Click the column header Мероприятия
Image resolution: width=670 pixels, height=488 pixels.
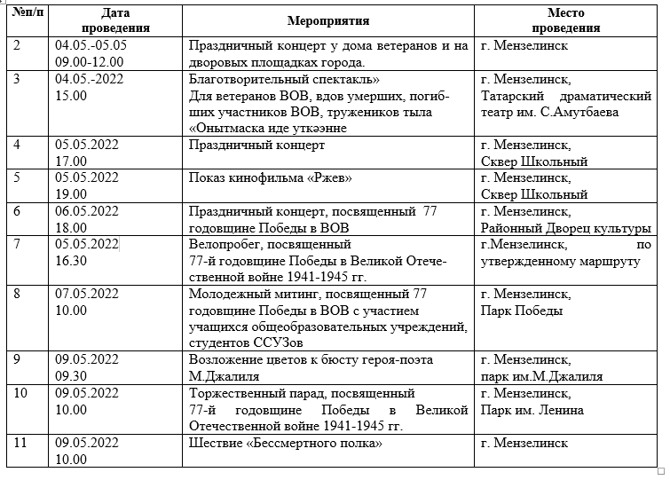click(329, 20)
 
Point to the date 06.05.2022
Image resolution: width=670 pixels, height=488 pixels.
click(86, 210)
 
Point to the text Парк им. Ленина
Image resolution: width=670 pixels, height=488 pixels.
click(531, 410)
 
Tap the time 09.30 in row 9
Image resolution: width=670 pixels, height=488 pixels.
click(71, 376)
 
